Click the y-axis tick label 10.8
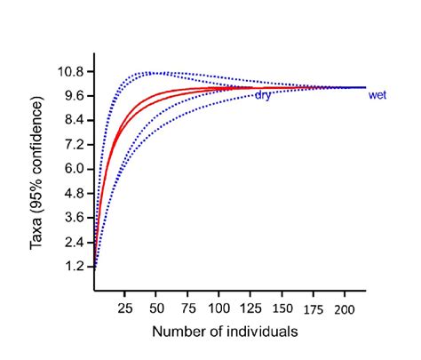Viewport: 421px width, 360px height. (74, 71)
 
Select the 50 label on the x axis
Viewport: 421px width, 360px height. (157, 307)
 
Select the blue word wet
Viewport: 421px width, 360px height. (377, 95)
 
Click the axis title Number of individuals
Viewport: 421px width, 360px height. (224, 331)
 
